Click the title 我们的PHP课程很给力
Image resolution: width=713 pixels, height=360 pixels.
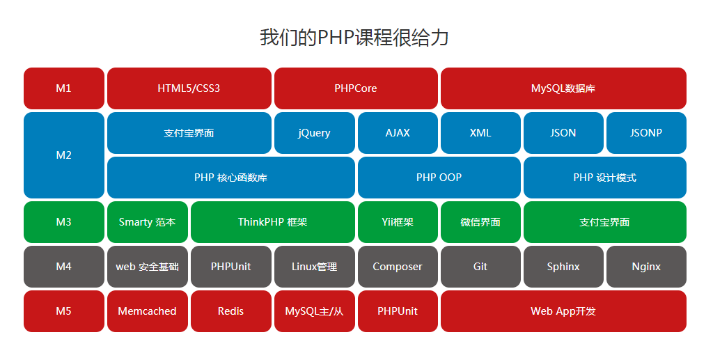[x=354, y=38]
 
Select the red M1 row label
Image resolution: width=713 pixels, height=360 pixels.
[x=64, y=88]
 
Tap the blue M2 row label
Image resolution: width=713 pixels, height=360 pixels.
[x=64, y=155]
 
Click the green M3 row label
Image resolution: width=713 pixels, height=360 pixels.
[x=64, y=222]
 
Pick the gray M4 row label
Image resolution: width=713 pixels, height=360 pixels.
[x=64, y=267]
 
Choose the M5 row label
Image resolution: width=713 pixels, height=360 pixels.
[x=64, y=311]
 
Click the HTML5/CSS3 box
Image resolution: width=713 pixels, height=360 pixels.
[x=189, y=88]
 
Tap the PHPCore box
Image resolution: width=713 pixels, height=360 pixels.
[x=356, y=88]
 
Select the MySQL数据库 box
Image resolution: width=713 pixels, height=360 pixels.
[x=563, y=88]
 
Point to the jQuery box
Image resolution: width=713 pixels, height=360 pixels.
[x=315, y=133]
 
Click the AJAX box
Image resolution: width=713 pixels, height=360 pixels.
[x=398, y=133]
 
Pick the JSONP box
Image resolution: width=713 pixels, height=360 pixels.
[x=647, y=133]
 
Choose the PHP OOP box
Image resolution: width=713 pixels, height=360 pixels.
[x=439, y=178]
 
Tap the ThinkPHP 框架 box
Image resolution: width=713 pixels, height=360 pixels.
[x=273, y=222]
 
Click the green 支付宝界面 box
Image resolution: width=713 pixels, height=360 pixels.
[x=605, y=222]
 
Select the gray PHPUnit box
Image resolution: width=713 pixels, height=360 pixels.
[x=231, y=267]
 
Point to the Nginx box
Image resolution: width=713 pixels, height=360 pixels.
[x=647, y=267]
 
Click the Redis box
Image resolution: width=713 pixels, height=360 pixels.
[x=231, y=311]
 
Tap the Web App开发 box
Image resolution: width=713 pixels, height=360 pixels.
[x=563, y=311]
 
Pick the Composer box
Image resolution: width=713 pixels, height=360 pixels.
[x=398, y=267]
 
